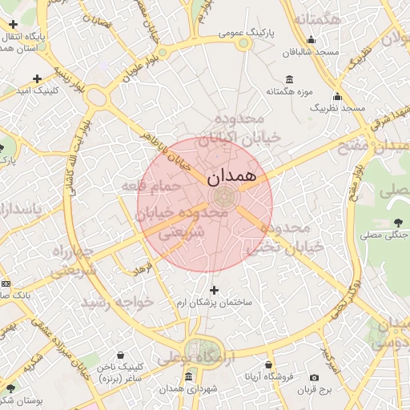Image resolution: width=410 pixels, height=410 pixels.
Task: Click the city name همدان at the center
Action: tap(231, 175)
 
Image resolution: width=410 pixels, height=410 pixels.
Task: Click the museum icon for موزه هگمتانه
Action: tap(288, 80)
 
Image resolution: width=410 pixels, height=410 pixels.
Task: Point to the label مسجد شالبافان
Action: tap(312, 51)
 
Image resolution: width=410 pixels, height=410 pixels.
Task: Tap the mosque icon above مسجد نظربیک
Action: tap(338, 96)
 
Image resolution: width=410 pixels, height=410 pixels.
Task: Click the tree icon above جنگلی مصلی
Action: tap(398, 223)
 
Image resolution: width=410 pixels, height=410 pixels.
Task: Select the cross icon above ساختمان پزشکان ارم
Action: tap(213, 290)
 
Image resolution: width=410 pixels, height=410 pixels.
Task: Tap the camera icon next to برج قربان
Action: tap(314, 377)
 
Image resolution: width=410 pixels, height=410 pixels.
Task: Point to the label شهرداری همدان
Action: tap(189, 388)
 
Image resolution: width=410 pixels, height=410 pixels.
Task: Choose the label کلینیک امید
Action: tap(38, 91)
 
